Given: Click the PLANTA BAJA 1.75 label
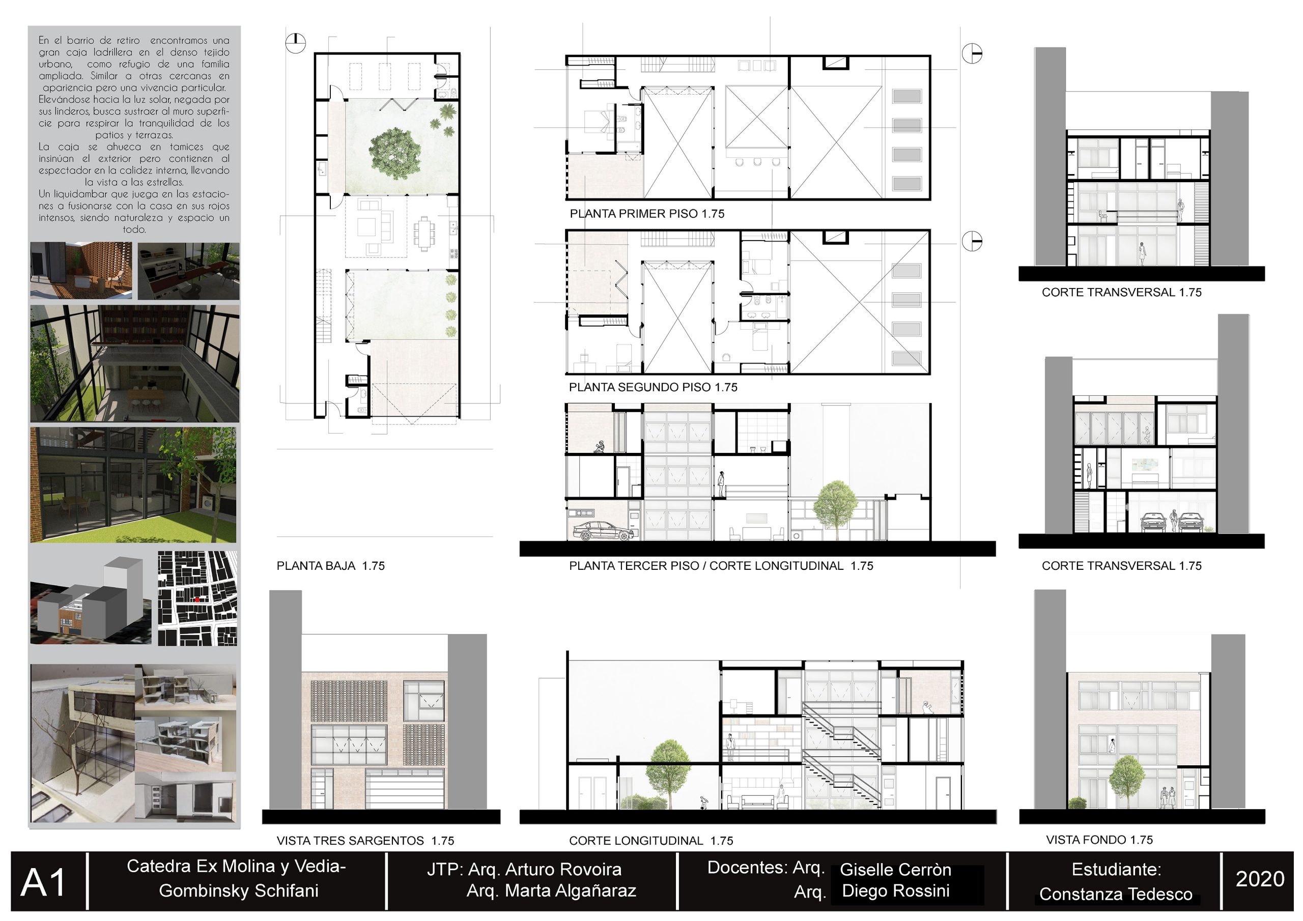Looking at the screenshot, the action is [330, 566].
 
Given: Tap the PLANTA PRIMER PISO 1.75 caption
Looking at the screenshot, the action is [647, 214].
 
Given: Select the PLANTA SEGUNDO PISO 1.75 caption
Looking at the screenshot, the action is [653, 387].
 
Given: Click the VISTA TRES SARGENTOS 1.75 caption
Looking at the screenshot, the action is [365, 841].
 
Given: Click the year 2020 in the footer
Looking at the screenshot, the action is [1260, 878].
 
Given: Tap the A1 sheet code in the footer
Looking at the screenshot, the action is [44, 883].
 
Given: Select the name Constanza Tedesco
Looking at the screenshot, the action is [1116, 895].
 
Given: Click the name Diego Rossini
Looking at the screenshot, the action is [895, 890].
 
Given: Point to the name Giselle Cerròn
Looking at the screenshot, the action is [895, 870].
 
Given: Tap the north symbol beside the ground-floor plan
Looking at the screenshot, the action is [295, 43].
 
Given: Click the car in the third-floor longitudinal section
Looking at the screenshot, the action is [603, 531].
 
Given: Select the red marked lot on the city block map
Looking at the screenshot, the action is [197, 599].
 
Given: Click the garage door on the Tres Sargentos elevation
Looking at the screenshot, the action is [405, 789].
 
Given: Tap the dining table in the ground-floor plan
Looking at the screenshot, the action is [424, 233].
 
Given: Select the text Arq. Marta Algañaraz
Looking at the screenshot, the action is [551, 890].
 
